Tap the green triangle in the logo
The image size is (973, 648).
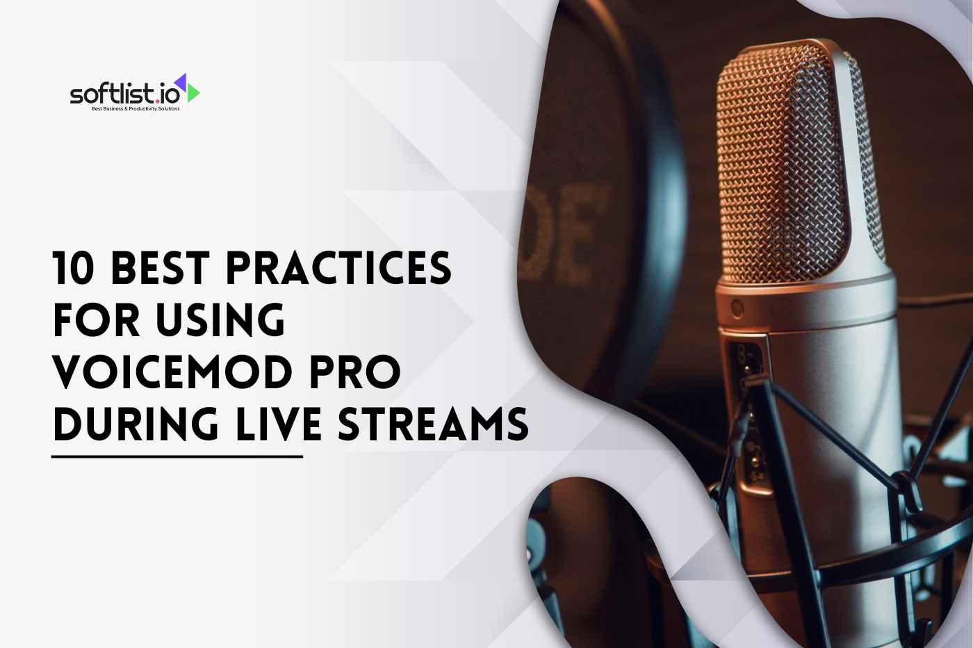193,93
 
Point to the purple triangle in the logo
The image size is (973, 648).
182,81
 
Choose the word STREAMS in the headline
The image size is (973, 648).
432,424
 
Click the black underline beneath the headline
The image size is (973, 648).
177,456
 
